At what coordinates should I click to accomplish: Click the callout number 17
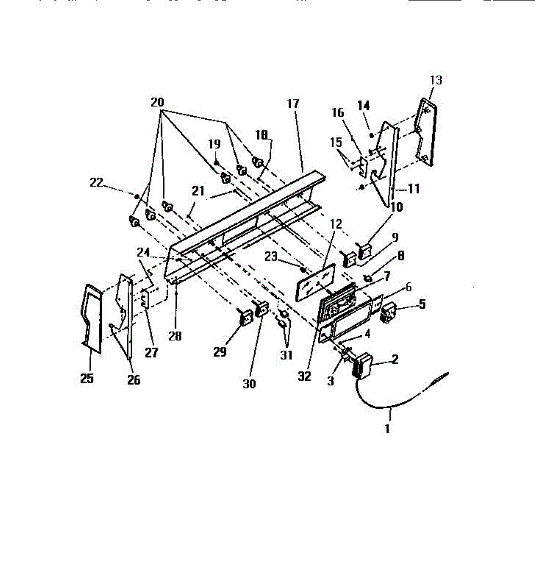(293, 104)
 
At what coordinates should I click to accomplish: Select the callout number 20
(157, 102)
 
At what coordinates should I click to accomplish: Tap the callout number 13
(435, 80)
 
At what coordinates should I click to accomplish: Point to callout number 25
(87, 379)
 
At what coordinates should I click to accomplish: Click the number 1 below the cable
(387, 428)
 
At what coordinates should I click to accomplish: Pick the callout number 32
(304, 376)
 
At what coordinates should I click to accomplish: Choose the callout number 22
(96, 182)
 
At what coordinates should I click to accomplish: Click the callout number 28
(175, 336)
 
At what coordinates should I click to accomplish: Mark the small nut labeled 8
(368, 278)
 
